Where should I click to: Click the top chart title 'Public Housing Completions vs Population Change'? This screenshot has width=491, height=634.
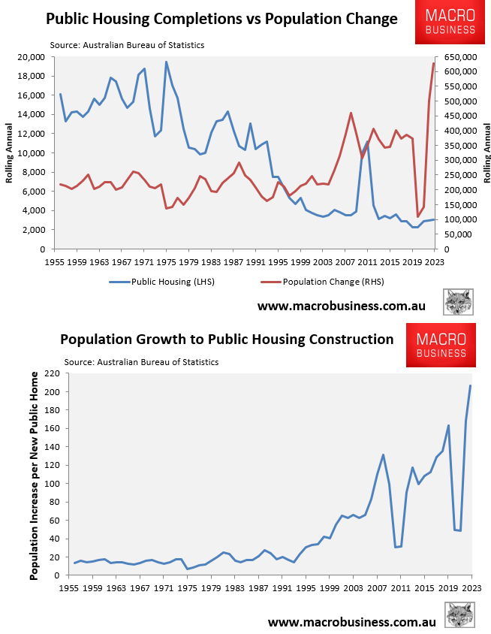[x=221, y=18]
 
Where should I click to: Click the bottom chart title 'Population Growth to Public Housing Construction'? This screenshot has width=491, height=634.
[x=227, y=340]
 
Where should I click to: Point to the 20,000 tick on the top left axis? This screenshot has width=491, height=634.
[x=31, y=57]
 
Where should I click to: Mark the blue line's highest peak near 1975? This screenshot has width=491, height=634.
[x=166, y=62]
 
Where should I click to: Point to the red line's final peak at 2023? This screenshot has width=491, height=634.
[x=434, y=63]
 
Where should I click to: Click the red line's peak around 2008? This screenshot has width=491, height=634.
[x=351, y=113]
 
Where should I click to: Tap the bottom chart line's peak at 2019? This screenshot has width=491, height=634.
[x=448, y=426]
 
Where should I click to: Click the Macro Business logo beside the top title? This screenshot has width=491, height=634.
[x=450, y=23]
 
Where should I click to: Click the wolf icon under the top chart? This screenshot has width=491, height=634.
[x=457, y=301]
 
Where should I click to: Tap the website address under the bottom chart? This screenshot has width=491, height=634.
[x=352, y=623]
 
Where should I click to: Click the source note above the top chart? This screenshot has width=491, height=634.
[x=127, y=45]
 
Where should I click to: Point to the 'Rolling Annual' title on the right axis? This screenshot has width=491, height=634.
[x=486, y=153]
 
